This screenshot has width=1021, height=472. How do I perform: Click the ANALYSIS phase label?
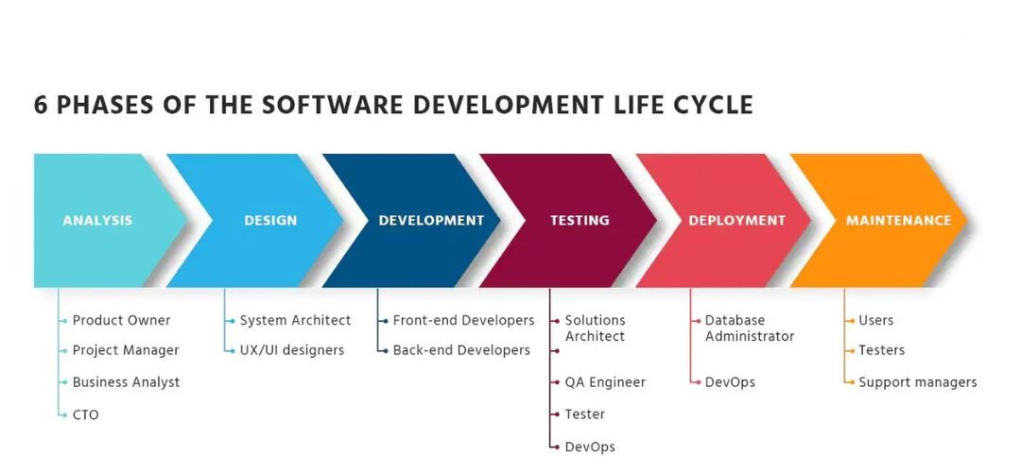point(97,220)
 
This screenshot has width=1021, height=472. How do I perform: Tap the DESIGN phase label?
point(270,220)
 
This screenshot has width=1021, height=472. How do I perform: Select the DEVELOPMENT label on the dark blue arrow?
point(431,220)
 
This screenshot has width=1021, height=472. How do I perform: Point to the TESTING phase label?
point(580,220)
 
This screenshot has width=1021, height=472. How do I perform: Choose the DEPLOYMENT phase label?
point(737,220)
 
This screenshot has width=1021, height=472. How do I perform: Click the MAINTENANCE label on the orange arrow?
point(899,220)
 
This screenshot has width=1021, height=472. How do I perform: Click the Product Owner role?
point(121,321)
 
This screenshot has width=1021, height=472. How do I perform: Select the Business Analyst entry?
point(126,382)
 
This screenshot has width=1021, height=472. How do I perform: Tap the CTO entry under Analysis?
point(85,414)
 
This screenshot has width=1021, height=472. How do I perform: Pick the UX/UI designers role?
point(292,350)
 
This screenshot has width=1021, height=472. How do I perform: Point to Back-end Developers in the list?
point(461,350)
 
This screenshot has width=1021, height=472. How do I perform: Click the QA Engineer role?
point(605,382)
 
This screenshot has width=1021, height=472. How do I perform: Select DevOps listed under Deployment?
point(730,382)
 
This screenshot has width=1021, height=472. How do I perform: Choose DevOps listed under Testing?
point(590,447)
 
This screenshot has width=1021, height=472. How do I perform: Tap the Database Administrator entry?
point(750,329)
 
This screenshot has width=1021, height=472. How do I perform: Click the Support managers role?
point(917,382)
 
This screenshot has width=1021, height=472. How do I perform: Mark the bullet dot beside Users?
point(853,321)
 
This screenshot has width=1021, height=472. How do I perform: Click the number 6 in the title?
point(41,106)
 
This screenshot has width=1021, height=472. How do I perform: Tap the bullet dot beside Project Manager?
point(65,350)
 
